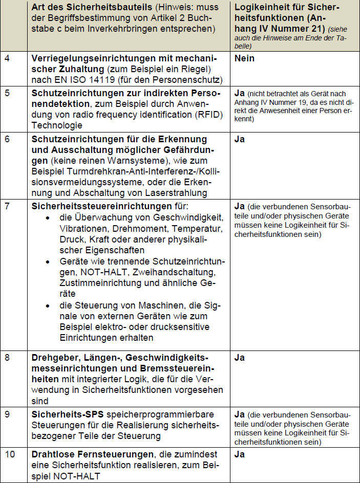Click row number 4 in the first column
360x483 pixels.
point(7,58)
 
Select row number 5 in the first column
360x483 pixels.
point(7,94)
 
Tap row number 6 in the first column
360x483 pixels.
point(7,139)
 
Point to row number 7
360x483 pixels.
point(7,206)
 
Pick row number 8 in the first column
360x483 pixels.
point(7,357)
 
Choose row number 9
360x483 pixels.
point(7,414)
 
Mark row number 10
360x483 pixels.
point(9,454)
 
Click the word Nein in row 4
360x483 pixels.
point(244,58)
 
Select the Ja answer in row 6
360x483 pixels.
point(239,139)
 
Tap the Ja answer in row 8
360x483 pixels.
point(239,357)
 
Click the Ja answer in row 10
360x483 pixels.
point(239,454)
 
